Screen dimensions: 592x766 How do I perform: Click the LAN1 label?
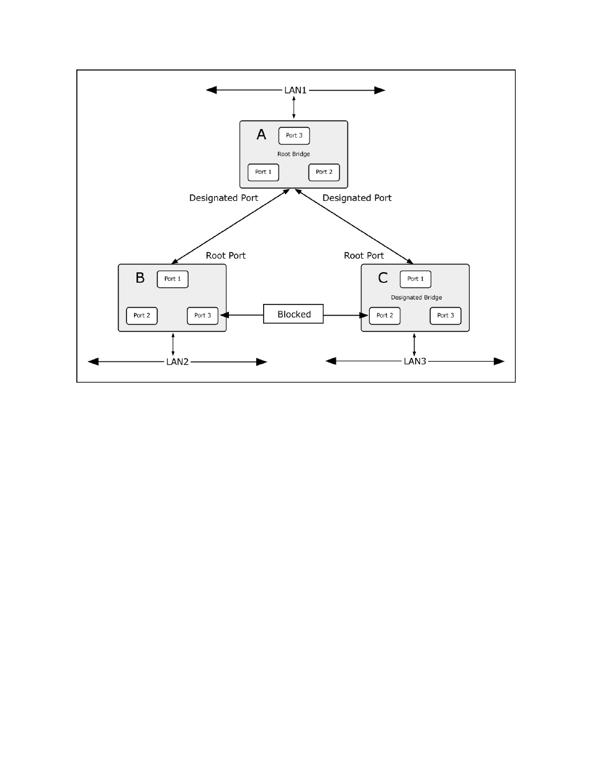tap(295, 90)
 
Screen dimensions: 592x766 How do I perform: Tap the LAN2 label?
tap(177, 362)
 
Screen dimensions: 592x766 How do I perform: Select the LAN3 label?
tap(415, 361)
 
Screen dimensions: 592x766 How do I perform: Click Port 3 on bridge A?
tap(294, 136)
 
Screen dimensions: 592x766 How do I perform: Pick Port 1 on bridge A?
tap(263, 172)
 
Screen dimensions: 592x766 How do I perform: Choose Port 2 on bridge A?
tap(324, 172)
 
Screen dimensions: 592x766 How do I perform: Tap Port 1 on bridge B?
tap(173, 279)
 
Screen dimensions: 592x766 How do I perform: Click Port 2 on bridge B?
tap(141, 316)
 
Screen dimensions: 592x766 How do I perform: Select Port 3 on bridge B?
tap(203, 316)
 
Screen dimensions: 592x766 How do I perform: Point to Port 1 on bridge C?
tap(415, 279)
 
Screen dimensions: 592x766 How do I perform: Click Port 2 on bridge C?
tap(385, 316)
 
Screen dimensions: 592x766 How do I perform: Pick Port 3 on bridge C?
tap(446, 316)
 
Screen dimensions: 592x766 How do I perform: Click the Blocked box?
tap(294, 314)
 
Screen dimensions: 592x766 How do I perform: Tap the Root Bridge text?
tap(294, 154)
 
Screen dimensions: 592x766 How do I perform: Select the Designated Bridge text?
tap(416, 298)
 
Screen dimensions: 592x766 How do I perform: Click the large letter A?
tap(261, 135)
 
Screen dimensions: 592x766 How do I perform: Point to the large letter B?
tap(140, 278)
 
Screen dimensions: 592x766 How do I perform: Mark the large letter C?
tap(383, 278)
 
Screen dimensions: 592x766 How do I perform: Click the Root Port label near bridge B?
tap(226, 256)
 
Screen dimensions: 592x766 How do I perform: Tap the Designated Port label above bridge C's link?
tap(357, 198)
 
